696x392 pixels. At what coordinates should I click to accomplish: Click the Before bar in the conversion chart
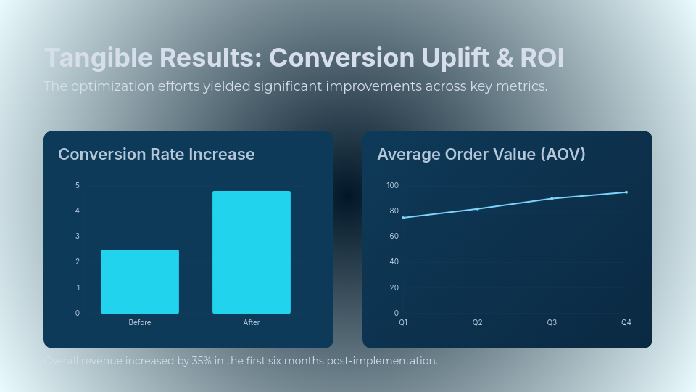tap(140, 282)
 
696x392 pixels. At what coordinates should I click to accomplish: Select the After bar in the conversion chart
tap(252, 252)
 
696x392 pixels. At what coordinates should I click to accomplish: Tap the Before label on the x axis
tap(140, 322)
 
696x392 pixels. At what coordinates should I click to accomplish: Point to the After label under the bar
tap(252, 322)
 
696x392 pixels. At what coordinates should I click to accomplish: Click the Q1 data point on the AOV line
tap(403, 218)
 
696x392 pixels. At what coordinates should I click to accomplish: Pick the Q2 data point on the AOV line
tap(477, 209)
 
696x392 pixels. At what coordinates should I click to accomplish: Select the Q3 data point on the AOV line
tap(552, 198)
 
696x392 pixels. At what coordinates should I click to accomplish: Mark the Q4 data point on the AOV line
tap(626, 192)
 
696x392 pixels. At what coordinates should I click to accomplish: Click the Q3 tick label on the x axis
tap(552, 322)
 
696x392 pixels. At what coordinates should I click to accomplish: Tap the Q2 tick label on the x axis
tap(477, 322)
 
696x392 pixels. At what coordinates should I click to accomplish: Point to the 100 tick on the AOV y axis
tap(392, 185)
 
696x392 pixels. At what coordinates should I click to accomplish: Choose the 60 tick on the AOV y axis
tap(394, 236)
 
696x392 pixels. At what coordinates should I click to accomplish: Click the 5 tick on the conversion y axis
tap(78, 185)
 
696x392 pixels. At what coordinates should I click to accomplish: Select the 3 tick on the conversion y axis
tap(78, 236)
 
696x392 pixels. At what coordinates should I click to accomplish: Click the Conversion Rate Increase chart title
tap(156, 154)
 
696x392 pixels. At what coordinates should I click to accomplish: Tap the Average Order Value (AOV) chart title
tap(481, 154)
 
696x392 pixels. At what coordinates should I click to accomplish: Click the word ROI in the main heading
tap(542, 58)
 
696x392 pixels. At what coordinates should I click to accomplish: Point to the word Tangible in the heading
tap(99, 58)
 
